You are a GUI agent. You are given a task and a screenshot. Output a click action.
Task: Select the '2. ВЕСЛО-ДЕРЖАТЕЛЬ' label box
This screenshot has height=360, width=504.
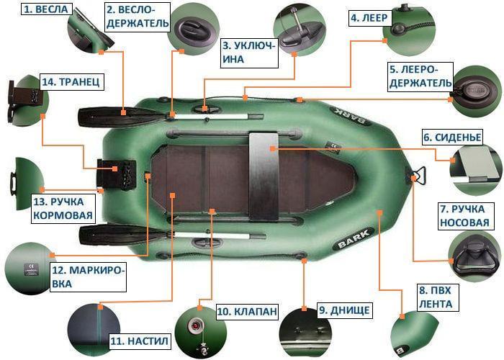click(x=138, y=16)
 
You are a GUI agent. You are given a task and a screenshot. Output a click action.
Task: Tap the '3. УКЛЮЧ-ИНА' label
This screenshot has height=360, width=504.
click(x=248, y=52)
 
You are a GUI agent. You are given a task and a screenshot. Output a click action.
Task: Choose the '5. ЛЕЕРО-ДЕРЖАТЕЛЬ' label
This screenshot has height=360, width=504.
click(x=420, y=77)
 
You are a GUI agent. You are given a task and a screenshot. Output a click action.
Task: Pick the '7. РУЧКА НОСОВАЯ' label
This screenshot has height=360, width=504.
click(x=467, y=215)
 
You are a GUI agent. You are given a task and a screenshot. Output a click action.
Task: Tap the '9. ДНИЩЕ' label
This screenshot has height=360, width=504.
click(x=344, y=311)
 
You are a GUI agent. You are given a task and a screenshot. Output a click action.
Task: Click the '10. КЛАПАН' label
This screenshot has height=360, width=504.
click(x=246, y=312)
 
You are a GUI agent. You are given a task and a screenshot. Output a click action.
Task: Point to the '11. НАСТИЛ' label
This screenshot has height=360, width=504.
click(x=139, y=340)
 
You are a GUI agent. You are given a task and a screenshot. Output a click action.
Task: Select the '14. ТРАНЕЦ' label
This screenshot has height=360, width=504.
click(x=71, y=82)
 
